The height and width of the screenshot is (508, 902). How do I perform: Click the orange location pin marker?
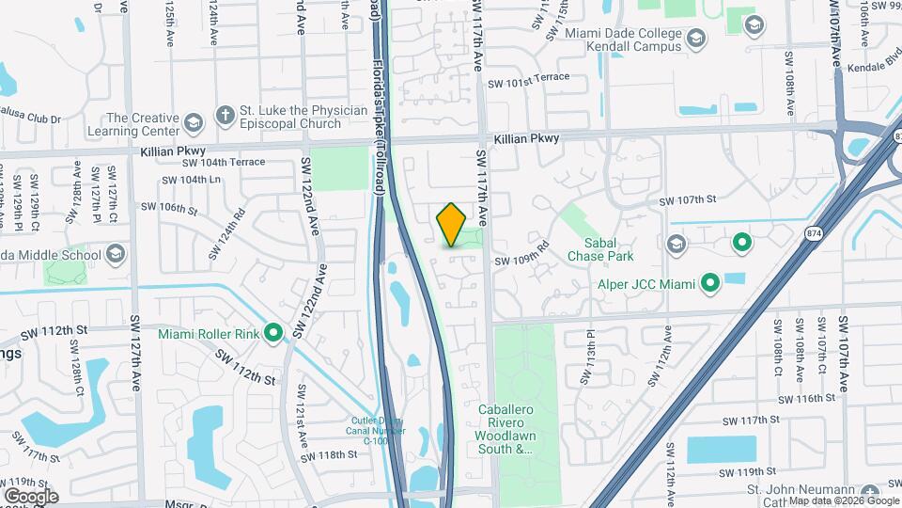pyautogui.click(x=452, y=225)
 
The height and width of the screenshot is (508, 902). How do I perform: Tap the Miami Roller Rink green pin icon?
pyautogui.click(x=273, y=332)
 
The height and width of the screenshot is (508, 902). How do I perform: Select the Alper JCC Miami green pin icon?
pyautogui.click(x=710, y=282)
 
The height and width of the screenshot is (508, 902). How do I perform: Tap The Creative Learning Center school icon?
pyautogui.click(x=193, y=124)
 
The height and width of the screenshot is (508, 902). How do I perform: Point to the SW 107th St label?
pyautogui.click(x=688, y=200)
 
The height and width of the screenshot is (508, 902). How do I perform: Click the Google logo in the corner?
pyautogui.click(x=31, y=496)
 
